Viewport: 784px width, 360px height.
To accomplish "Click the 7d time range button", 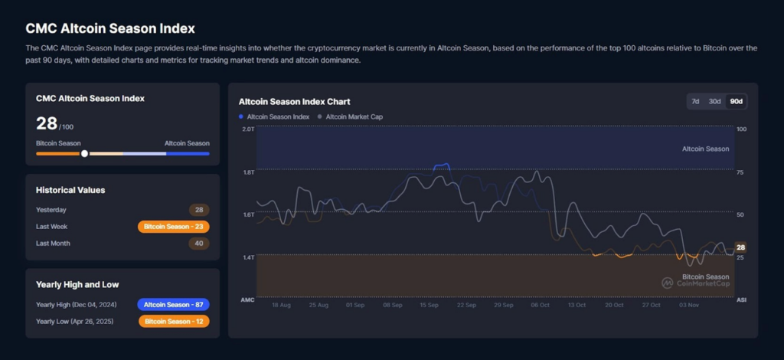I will (695, 101).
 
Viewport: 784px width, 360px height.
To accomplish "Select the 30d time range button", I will (714, 101).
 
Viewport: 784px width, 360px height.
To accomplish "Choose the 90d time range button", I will (737, 101).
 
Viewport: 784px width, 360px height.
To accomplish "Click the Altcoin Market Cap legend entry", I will (354, 116).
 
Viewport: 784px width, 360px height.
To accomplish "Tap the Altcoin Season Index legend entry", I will (277, 116).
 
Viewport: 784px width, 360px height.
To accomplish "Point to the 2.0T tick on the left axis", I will (248, 129).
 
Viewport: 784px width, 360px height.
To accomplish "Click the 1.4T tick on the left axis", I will (248, 257).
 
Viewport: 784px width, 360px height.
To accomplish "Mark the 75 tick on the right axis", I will (740, 172).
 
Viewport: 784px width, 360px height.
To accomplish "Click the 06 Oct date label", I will (541, 305).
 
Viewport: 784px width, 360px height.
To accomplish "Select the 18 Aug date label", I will (281, 305).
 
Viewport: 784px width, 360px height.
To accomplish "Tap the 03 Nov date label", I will (688, 305).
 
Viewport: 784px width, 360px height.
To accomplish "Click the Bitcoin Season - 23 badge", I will (173, 227).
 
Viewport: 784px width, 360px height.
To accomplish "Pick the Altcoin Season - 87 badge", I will (173, 304).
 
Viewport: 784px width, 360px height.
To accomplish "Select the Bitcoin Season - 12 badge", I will (173, 321).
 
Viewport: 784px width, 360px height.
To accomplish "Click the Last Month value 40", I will (199, 244).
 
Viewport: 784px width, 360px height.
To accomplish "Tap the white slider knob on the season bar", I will (84, 153).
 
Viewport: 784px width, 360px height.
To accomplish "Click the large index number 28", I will (46, 123).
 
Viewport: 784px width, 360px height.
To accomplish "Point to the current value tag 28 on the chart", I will (740, 247).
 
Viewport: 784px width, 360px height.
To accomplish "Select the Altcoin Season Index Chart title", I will (294, 101).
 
